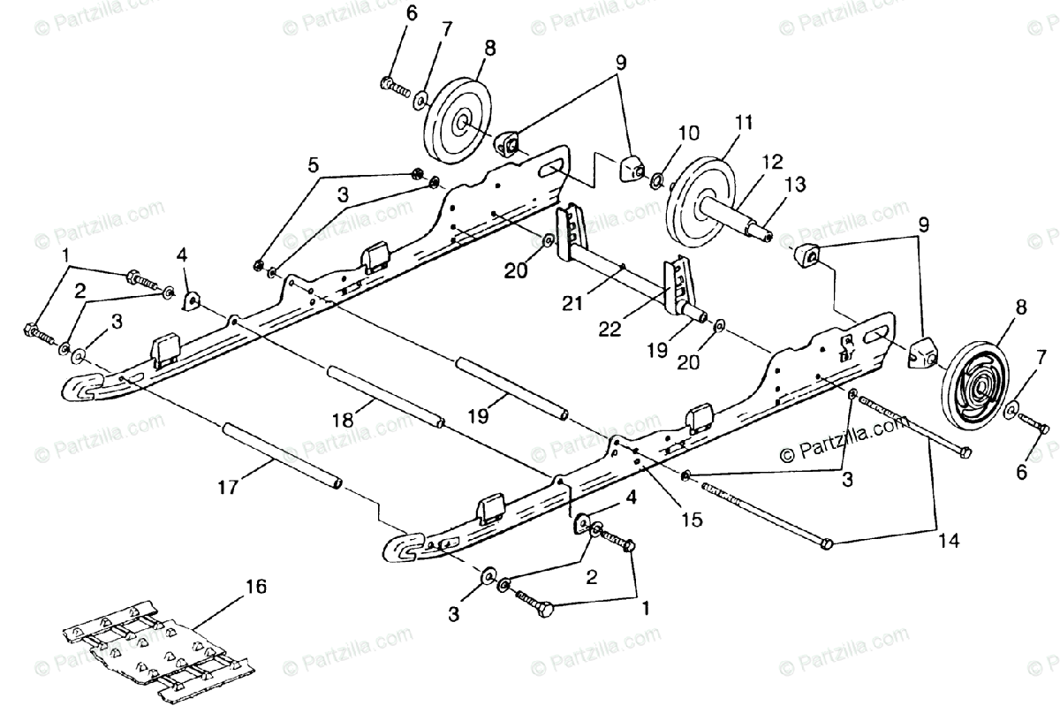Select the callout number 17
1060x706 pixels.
[x=228, y=486]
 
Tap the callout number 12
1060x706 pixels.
[x=772, y=161]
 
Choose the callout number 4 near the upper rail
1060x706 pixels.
[x=181, y=257]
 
